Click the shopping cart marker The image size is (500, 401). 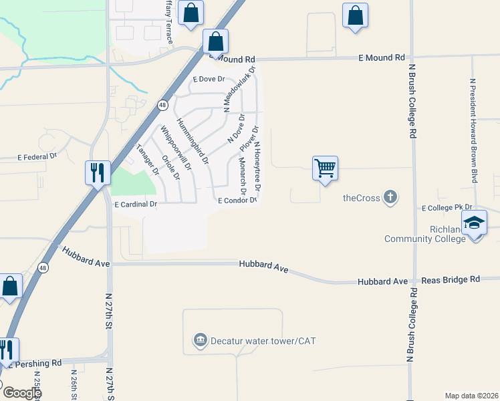coord(325,168)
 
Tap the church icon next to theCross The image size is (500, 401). coord(390,197)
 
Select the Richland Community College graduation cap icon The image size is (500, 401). coord(474,223)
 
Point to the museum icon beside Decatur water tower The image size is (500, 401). coord(200,341)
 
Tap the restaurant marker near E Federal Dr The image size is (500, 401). coord(98,172)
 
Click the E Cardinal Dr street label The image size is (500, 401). coord(136,204)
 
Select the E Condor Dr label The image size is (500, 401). coord(237,200)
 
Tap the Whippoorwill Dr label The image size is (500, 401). coord(176,149)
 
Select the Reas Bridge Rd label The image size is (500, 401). coord(456,279)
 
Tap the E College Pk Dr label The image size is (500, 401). coord(447,208)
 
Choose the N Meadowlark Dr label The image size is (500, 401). coord(240,87)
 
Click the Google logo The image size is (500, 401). coord(22,393)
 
